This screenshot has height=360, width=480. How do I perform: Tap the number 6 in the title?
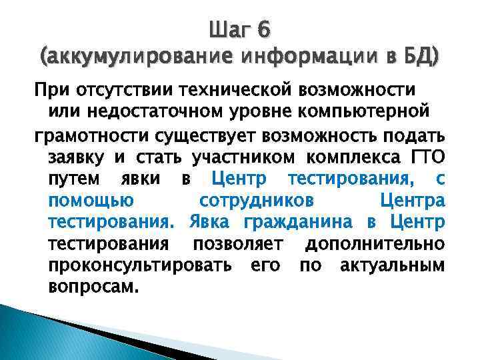(263, 29)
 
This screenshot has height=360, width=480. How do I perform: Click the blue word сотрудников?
(258, 201)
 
